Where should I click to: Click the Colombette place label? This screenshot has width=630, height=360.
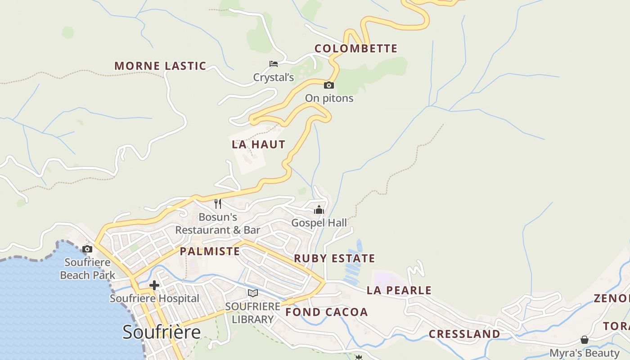tap(355, 49)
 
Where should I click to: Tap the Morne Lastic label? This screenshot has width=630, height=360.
tap(160, 66)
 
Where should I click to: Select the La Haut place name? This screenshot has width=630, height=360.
tap(258, 144)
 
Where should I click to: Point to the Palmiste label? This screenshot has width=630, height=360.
tap(210, 251)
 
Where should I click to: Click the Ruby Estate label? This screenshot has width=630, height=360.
tap(334, 258)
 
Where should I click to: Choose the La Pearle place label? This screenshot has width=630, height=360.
tap(399, 290)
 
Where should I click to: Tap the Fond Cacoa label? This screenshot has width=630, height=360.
tap(327, 312)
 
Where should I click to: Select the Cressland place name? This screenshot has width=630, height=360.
tap(464, 334)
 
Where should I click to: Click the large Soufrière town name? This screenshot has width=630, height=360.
tap(162, 332)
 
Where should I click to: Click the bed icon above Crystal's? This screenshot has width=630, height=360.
tap(273, 64)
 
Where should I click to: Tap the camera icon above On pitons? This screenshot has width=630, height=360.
tap(329, 85)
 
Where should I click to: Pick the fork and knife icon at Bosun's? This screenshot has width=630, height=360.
tap(218, 204)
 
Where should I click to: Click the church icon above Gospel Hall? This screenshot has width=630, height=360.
tap(319, 209)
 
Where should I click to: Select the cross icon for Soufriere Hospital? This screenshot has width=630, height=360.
tap(154, 285)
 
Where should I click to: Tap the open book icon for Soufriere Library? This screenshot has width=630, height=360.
tap(253, 293)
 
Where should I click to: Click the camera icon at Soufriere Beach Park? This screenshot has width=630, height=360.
tap(87, 249)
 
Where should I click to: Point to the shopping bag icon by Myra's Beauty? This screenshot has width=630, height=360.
tap(584, 339)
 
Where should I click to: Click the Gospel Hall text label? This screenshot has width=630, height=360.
tap(319, 223)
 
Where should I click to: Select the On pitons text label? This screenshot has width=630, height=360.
tap(329, 98)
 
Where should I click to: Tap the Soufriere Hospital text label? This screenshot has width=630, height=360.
tap(154, 298)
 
